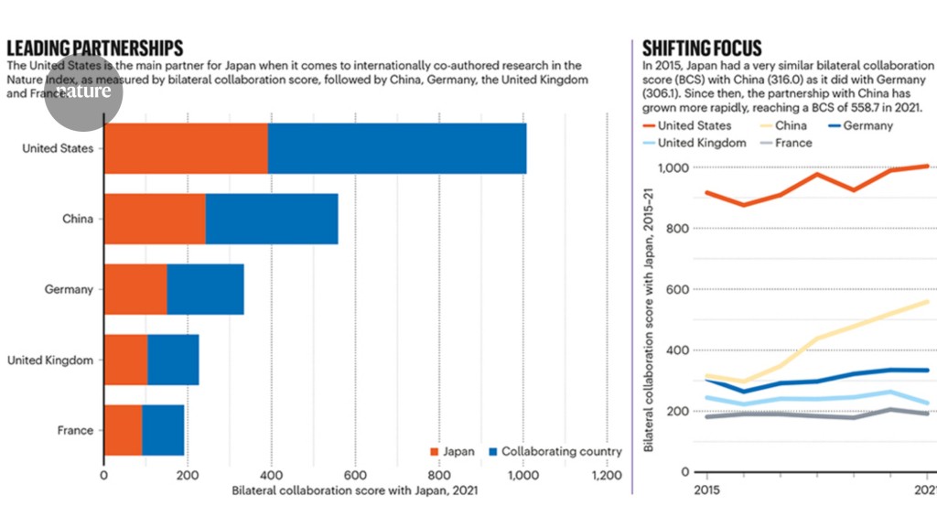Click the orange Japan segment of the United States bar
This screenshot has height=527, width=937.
pyautogui.click(x=186, y=147)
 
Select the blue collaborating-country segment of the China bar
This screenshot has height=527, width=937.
pyautogui.click(x=272, y=219)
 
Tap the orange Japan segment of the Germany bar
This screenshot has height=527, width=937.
pyautogui.click(x=135, y=289)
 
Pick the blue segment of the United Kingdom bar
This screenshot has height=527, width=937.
pyautogui.click(x=173, y=360)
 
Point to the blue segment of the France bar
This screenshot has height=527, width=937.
pyautogui.click(x=163, y=430)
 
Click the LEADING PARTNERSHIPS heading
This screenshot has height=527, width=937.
pyautogui.click(x=95, y=48)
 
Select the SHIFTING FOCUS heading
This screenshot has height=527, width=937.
pyautogui.click(x=702, y=48)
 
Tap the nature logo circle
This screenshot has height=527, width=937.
pyautogui.click(x=83, y=92)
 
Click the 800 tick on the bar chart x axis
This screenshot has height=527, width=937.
pyautogui.click(x=438, y=476)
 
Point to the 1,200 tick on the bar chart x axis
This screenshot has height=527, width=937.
pyautogui.click(x=606, y=476)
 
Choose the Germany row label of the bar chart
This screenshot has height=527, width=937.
pyautogui.click(x=70, y=289)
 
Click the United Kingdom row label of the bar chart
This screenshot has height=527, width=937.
pyautogui.click(x=50, y=360)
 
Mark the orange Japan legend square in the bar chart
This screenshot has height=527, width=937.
pyautogui.click(x=435, y=452)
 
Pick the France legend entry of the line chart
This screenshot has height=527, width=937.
pyautogui.click(x=790, y=143)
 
